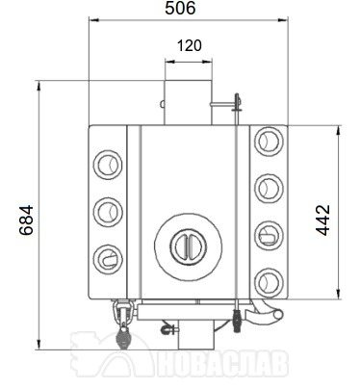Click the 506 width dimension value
(180, 8)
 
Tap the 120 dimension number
(190, 45)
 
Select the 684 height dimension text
(26, 220)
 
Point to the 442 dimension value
(322, 220)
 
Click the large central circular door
(188, 246)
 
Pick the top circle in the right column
(269, 142)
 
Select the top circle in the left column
(108, 165)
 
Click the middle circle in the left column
(108, 212)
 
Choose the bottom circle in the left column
(108, 259)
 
